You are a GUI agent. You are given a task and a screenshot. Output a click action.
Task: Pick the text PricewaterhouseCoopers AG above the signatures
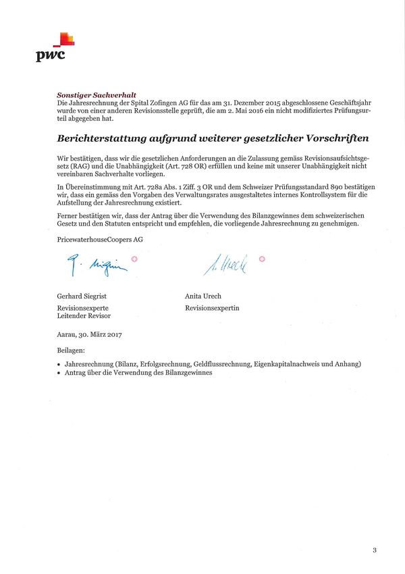[101, 239]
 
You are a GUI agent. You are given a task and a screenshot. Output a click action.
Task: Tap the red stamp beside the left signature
[134, 259]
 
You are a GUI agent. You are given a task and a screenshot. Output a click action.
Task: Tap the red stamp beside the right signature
[262, 259]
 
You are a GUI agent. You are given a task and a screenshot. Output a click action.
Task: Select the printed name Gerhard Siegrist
[82, 296]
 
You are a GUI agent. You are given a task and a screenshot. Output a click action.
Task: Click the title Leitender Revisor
[84, 315]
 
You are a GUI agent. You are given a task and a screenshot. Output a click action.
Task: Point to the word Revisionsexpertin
[212, 308]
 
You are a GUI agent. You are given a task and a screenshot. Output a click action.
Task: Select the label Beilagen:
[72, 351]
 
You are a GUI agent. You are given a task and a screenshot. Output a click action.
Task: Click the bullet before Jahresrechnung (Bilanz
[60, 364]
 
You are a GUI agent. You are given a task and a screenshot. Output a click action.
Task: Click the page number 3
[375, 550]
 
